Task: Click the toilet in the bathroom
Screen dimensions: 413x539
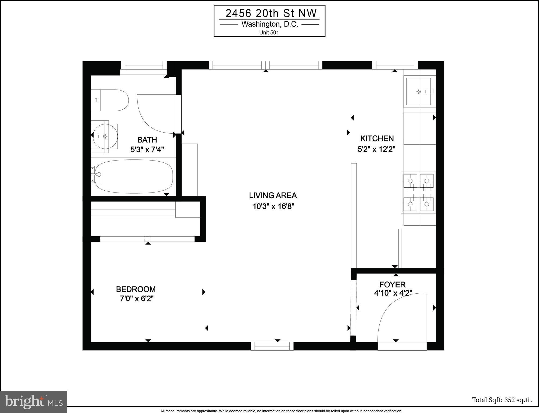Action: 110,100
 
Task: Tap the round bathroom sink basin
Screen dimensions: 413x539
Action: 105,136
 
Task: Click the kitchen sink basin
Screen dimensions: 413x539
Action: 418,92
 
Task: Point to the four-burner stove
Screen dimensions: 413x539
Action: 418,192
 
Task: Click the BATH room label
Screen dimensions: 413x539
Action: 147,140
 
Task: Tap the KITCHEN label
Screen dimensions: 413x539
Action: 377,138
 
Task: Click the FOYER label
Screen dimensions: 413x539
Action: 392,284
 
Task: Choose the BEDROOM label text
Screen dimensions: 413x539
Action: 136,289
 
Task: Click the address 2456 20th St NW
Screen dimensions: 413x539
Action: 271,13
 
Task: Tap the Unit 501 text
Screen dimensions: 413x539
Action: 269,33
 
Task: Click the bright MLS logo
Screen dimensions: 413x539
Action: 34,402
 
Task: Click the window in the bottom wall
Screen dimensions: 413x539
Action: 272,346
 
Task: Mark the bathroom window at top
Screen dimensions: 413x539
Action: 144,65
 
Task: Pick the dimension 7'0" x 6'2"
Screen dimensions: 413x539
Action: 137,299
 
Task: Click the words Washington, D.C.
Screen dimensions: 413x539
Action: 270,24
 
